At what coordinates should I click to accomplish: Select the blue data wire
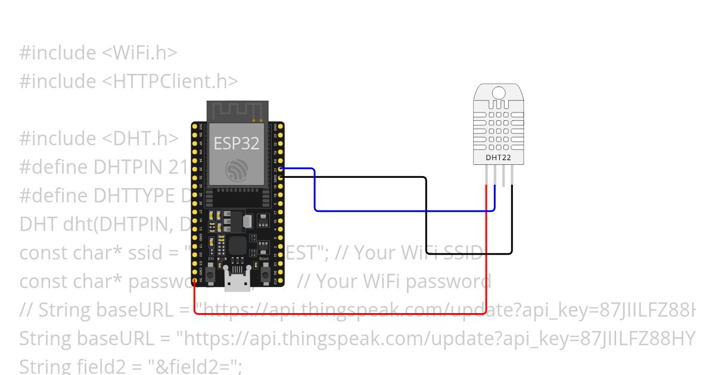click(405, 210)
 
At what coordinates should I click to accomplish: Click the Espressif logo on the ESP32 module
click(236, 171)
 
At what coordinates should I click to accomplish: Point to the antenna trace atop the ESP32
click(236, 111)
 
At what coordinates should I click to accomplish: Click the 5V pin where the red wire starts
click(195, 280)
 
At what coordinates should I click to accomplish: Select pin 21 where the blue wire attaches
click(280, 170)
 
